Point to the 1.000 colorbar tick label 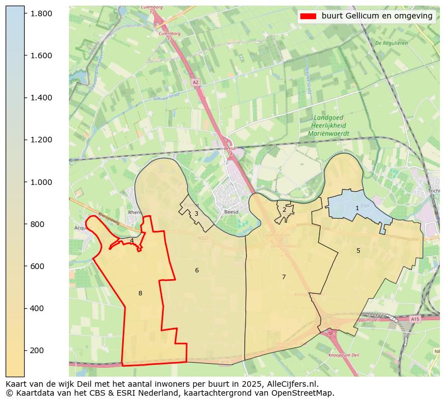41,182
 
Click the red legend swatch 308,16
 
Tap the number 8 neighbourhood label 140,293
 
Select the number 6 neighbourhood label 197,271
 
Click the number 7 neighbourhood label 284,277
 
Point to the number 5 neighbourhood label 358,251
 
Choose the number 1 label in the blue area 357,208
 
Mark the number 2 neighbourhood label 284,210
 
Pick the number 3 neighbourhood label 196,214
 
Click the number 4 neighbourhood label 132,241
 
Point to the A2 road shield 195,82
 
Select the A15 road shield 415,319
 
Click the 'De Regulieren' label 391,43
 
